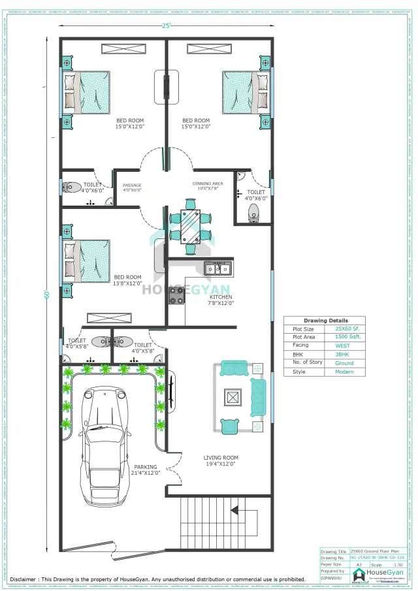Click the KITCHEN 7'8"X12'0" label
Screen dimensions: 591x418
(x=221, y=300)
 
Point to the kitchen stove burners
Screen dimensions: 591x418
(x=176, y=295)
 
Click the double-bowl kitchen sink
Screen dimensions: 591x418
(x=217, y=268)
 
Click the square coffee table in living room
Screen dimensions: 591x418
(x=233, y=396)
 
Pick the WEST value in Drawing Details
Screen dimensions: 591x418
(x=344, y=345)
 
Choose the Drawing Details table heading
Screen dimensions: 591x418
(x=325, y=321)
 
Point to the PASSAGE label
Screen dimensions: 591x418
(x=132, y=187)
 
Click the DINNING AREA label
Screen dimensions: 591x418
(x=207, y=186)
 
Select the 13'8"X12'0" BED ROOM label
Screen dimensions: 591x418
(x=127, y=280)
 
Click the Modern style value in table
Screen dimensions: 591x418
(x=344, y=372)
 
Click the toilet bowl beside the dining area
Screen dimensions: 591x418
(x=253, y=211)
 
